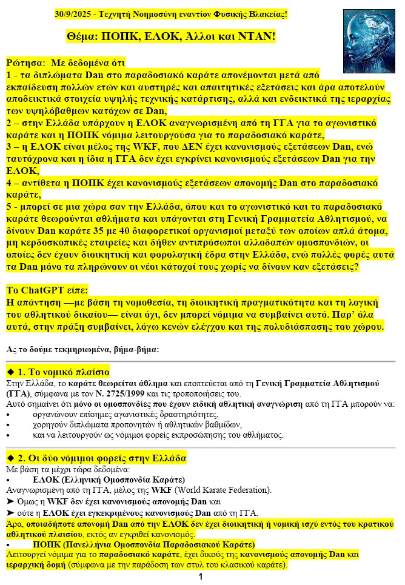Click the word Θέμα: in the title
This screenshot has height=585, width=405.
pos(84,37)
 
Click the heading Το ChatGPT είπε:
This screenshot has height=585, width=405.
pos(47,289)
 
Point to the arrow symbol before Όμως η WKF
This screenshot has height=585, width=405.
pos(9,501)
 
